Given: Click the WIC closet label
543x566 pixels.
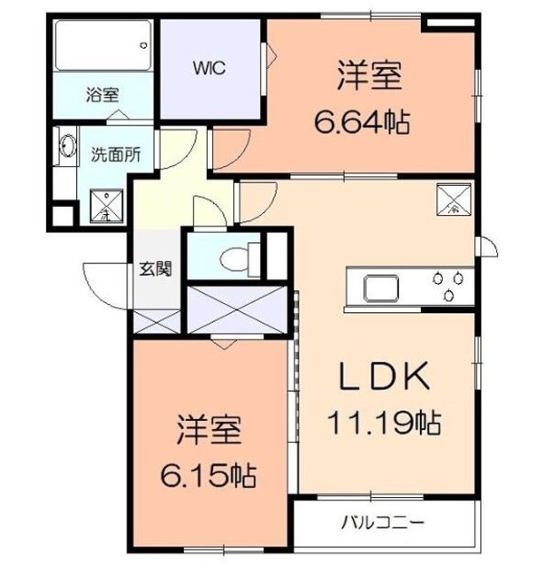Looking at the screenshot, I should [210, 67].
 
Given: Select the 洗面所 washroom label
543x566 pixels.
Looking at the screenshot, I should [116, 151].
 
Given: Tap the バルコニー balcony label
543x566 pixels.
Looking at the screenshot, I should [384, 521].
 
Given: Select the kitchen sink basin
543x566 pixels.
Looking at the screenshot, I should [377, 288].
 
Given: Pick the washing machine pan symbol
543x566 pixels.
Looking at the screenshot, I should [105, 204].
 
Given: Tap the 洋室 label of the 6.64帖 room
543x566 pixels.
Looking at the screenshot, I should [370, 77].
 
